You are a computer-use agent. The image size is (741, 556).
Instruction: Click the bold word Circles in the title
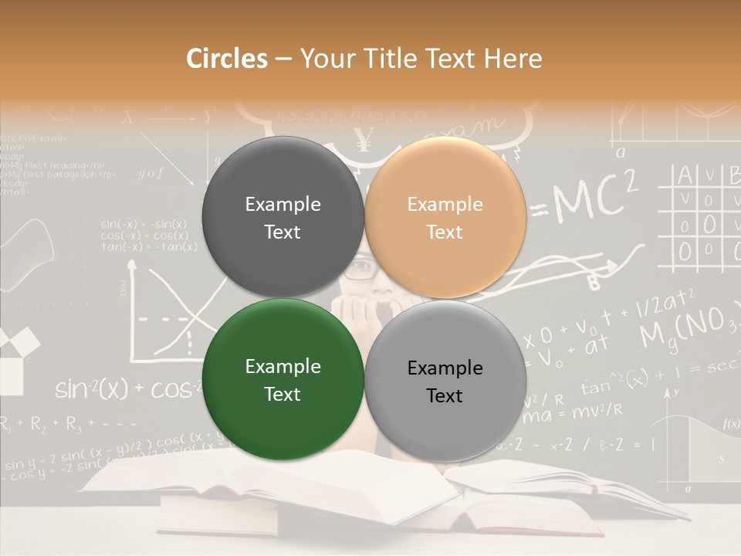(227, 59)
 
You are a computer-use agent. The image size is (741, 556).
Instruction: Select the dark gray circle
(283, 218)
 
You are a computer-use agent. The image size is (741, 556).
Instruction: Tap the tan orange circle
(445, 218)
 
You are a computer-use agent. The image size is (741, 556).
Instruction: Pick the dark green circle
(283, 380)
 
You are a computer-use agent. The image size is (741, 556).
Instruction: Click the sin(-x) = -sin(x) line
(144, 224)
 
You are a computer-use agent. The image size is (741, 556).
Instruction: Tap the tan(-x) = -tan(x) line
(148, 246)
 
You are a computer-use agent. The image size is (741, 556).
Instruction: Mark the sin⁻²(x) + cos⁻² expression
(123, 389)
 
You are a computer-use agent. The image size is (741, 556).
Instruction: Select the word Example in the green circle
(283, 367)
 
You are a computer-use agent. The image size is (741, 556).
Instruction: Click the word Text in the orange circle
(445, 232)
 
